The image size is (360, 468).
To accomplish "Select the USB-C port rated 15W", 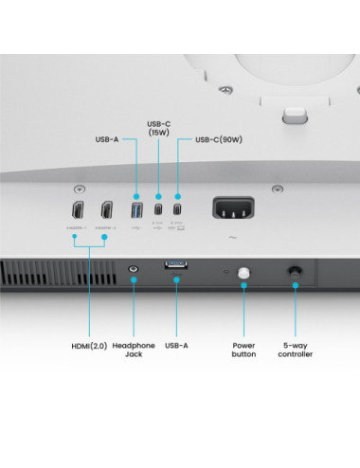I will click(x=158, y=209).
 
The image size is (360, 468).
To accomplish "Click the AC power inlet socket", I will click(x=232, y=208).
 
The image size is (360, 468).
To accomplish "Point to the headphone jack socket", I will click(x=134, y=270).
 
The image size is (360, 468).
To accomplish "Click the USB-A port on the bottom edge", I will click(x=176, y=267).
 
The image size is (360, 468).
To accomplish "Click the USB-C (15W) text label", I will click(x=159, y=127).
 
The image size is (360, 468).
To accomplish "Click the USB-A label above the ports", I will click(x=107, y=140).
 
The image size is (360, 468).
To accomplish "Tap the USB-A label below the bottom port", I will click(x=177, y=346).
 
